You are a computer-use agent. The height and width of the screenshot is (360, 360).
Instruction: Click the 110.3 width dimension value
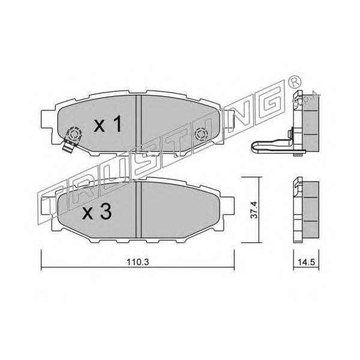coord(138,262)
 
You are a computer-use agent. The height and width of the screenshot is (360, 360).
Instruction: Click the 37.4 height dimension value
coord(254,209)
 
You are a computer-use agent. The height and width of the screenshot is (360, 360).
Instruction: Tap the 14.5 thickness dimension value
coord(306,262)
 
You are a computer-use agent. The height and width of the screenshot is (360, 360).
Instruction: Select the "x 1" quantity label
coord(107,124)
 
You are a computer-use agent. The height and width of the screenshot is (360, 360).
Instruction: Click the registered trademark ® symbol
coord(294,81)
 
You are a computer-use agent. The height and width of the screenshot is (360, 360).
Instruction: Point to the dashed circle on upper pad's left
coord(74,133)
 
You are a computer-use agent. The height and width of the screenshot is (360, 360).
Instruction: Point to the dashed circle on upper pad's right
coord(201,134)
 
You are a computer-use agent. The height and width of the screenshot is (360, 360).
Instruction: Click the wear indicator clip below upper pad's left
coord(69,146)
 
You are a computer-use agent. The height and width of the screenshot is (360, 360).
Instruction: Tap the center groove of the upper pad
coord(139,124)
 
